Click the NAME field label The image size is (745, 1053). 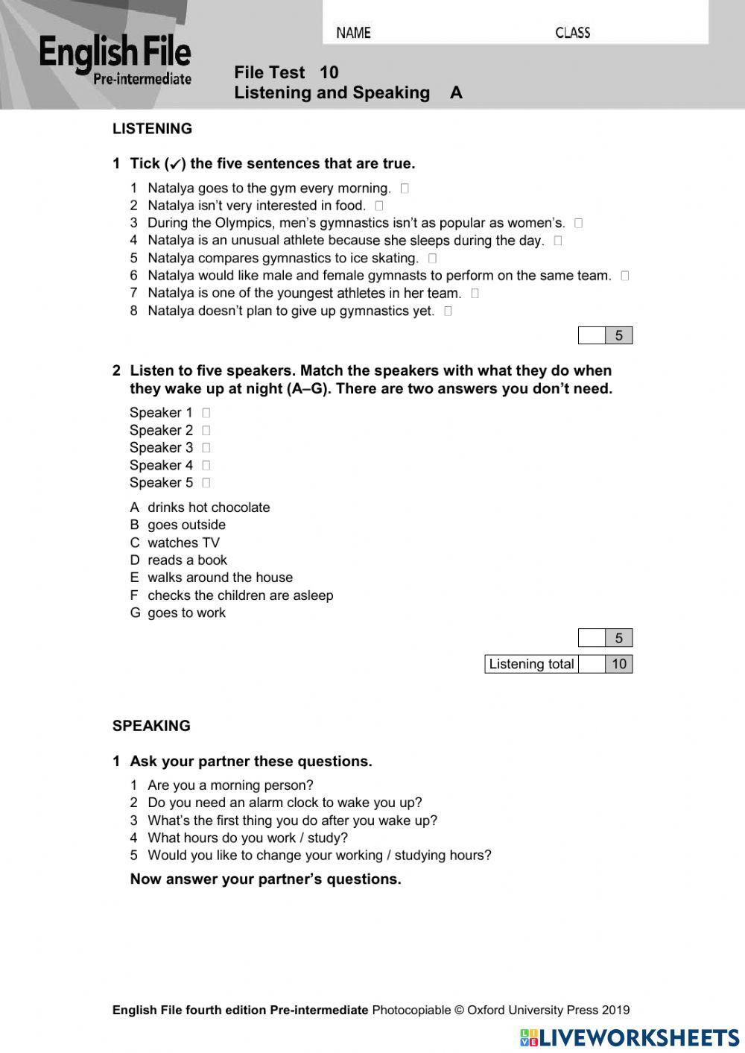coord(353,33)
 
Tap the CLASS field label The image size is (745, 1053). coord(572,33)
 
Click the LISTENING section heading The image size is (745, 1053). coord(152,129)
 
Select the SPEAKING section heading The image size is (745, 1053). coord(151,726)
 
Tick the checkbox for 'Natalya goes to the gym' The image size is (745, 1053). coord(405,189)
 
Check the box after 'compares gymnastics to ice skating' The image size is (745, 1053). coord(432,259)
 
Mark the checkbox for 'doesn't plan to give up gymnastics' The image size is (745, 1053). coord(448,312)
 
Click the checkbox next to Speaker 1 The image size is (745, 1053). coord(206,413)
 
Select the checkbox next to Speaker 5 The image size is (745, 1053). coord(206,483)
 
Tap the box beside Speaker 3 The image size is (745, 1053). coord(206,448)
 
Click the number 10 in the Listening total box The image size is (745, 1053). coord(618,664)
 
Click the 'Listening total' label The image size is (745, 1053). coord(531,664)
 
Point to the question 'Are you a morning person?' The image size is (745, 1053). coord(230,785)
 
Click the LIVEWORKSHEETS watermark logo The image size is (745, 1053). coord(630,1037)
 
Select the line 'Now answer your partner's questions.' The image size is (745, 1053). coord(265,879)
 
